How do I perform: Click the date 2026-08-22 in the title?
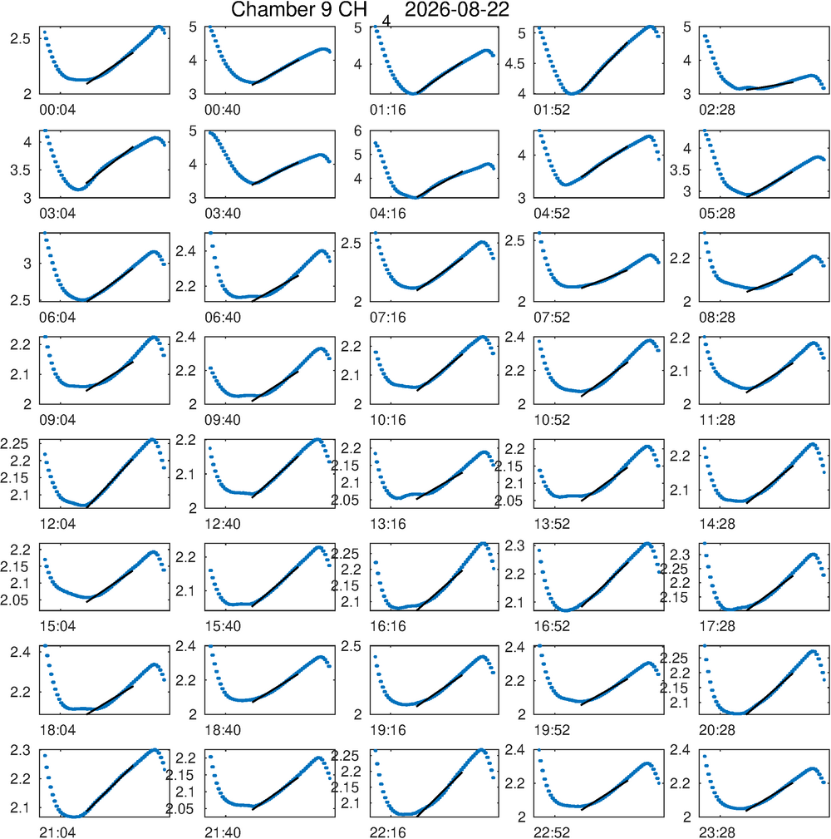(457, 10)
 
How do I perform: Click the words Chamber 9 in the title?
(279, 10)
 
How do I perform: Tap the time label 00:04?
(57, 110)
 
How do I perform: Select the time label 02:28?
(717, 110)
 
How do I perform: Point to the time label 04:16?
(388, 214)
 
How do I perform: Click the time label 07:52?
(552, 318)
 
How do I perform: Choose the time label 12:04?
(57, 524)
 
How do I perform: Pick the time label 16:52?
(552, 626)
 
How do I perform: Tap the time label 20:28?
(717, 730)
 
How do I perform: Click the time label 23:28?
(717, 832)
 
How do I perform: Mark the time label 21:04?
(57, 832)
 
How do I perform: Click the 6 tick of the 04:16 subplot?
(358, 131)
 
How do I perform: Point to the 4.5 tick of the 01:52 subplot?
(515, 64)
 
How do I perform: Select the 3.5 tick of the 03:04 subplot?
(21, 170)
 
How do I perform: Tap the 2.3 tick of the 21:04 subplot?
(21, 750)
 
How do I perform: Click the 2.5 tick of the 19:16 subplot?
(352, 646)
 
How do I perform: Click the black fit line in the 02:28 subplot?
(770, 86)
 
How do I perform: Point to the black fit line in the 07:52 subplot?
(604, 279)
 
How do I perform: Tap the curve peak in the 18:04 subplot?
(155, 664)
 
